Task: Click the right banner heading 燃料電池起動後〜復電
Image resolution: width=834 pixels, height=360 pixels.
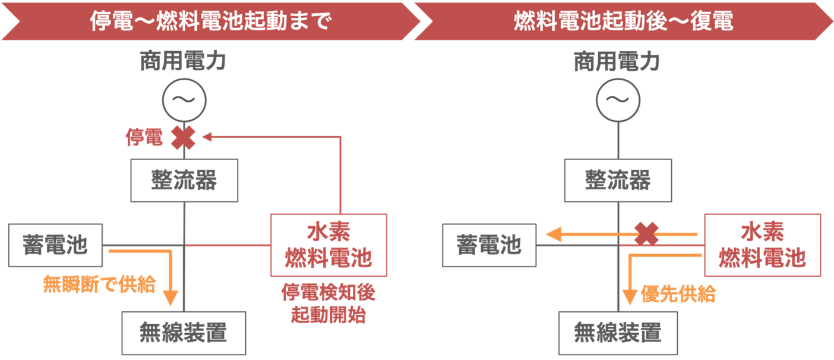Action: pos(623,22)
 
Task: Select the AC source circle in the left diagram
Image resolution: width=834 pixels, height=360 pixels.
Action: pos(184,100)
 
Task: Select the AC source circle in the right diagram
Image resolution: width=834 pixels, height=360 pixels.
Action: pos(618,100)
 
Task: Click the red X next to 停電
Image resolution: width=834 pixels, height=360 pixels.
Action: pos(184,137)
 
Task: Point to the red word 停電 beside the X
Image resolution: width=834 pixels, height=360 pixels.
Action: pos(143,137)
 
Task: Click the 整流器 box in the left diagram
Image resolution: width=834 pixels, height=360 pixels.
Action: pos(184,180)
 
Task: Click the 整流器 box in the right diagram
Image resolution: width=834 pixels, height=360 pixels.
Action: pos(618,180)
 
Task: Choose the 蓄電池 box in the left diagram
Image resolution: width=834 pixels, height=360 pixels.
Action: pos(55,245)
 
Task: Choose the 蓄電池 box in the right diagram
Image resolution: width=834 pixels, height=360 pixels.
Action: pos(489,245)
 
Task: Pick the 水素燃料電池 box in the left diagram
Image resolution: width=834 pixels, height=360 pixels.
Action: pos(328,245)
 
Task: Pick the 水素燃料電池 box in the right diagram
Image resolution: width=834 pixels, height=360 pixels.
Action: pos(762,245)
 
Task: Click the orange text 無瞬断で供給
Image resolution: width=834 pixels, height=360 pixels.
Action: pos(99,285)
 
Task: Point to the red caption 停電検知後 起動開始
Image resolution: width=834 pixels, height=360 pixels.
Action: pos(328,304)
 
